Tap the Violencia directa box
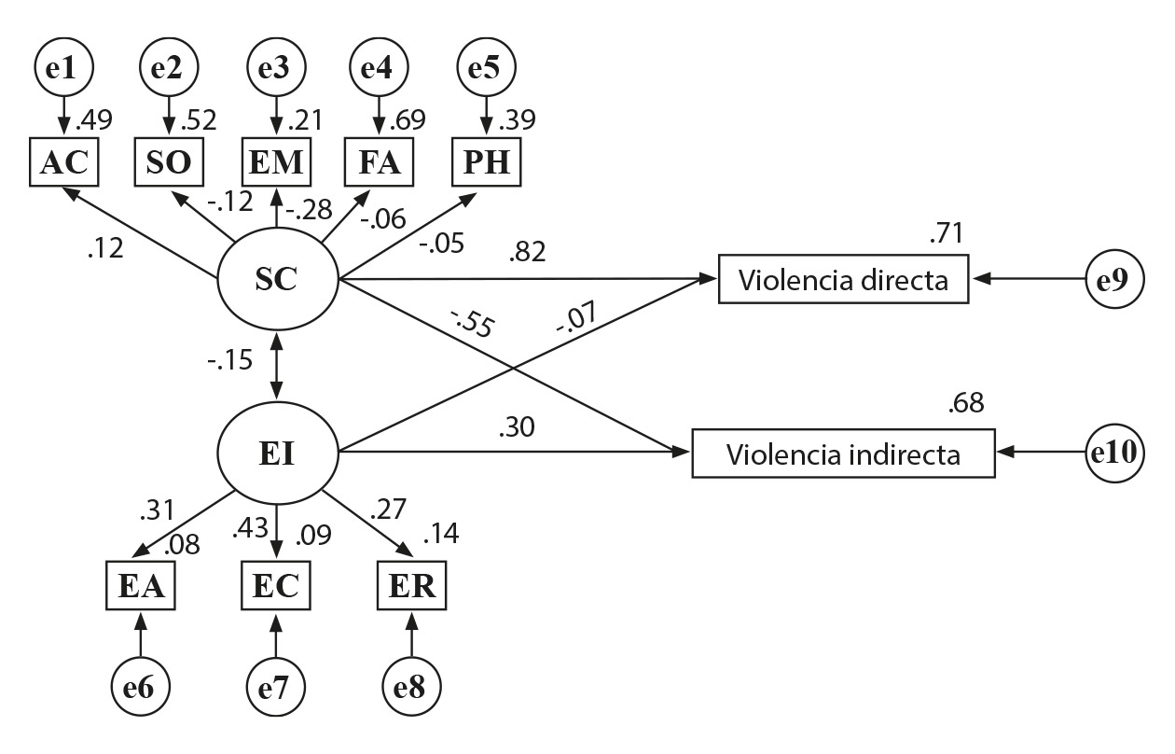point(843,278)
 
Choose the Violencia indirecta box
point(843,454)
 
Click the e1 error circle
point(63,68)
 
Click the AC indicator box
point(63,162)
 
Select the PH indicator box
point(486,162)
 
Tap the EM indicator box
point(276,162)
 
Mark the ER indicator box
point(411,587)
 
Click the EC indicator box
point(276,587)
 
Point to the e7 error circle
point(276,690)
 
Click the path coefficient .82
point(528,252)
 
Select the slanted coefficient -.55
point(472,321)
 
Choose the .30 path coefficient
point(516,429)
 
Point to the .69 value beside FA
point(407,119)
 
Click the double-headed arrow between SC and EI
point(277,367)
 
